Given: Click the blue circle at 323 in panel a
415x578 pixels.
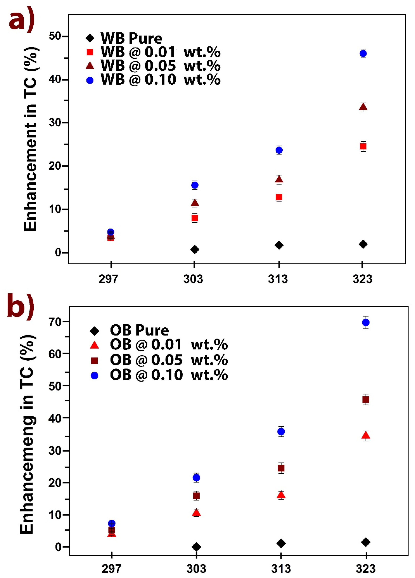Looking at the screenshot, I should [363, 54].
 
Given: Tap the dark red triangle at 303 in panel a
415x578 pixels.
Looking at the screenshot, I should [195, 203].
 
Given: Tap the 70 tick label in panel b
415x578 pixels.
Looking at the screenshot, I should [55, 322].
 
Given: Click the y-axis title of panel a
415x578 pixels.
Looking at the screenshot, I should [31, 139].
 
